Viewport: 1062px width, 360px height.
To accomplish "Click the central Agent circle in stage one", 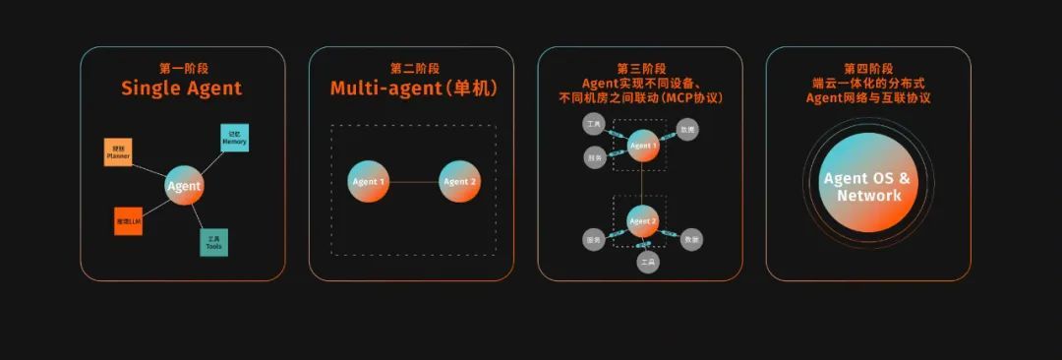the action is tap(183, 185).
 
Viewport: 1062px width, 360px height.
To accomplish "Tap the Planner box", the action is tap(118, 152).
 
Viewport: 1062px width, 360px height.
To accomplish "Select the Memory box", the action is tap(234, 137).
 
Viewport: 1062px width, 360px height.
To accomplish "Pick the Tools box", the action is tap(213, 242).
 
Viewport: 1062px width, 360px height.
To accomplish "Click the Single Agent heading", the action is tap(182, 89).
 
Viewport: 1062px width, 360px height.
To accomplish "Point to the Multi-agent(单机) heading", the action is tap(413, 89).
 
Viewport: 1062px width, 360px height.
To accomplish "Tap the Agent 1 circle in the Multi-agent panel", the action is tap(369, 181).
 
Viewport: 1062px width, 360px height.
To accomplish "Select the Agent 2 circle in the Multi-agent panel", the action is tap(459, 181).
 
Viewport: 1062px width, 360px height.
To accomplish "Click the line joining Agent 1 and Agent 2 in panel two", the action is tap(414, 181).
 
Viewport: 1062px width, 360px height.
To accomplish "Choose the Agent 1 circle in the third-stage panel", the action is tap(642, 146).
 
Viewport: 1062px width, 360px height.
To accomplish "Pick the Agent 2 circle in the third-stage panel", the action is tap(642, 221).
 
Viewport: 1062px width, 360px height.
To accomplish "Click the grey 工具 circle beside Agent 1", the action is tap(593, 125).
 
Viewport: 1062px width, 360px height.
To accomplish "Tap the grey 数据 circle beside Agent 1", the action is tap(688, 129).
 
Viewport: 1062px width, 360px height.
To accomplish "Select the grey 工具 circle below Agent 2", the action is tap(646, 263).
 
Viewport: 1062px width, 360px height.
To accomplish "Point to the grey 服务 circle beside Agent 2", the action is tap(593, 239).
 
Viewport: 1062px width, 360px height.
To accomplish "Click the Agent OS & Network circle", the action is tap(868, 184).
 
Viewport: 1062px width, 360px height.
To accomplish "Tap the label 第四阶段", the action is tap(868, 68).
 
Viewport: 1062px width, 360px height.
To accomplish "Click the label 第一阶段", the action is tap(182, 68).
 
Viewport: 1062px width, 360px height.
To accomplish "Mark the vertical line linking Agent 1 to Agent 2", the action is tap(642, 183).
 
